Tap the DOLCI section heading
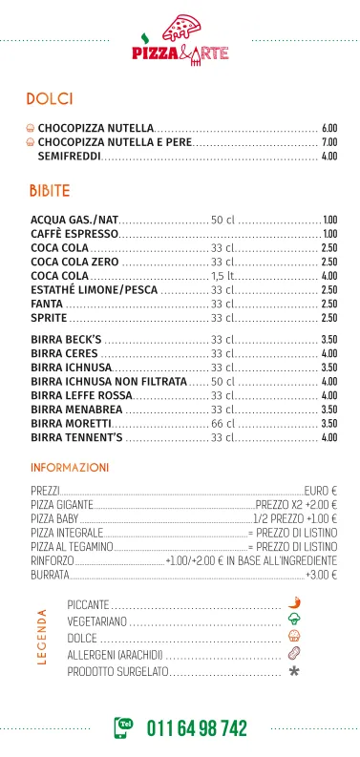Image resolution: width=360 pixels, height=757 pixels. pyautogui.click(x=51, y=98)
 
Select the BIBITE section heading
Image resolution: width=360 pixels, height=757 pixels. pyautogui.click(x=51, y=191)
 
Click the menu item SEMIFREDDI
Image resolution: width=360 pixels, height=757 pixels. pyautogui.click(x=69, y=156)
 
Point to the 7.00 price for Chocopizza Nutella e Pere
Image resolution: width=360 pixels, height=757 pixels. pyautogui.click(x=329, y=141)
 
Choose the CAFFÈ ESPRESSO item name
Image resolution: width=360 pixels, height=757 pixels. pyautogui.click(x=74, y=233)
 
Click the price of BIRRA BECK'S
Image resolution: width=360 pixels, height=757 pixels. pyautogui.click(x=329, y=339)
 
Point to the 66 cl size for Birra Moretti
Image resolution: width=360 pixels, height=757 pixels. pyautogui.click(x=222, y=423)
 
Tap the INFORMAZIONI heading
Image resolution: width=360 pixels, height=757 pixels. pyautogui.click(x=70, y=468)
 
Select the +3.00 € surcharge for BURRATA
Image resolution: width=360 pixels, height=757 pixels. pyautogui.click(x=321, y=576)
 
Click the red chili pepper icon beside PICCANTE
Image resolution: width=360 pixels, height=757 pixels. pyautogui.click(x=294, y=604)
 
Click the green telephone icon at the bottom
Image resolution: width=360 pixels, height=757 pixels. pyautogui.click(x=125, y=727)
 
